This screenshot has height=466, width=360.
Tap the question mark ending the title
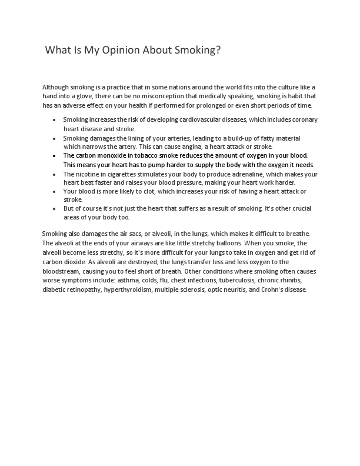tap(218, 51)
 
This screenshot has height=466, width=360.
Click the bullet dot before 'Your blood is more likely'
tap(54, 192)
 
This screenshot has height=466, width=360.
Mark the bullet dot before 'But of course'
tap(54, 209)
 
